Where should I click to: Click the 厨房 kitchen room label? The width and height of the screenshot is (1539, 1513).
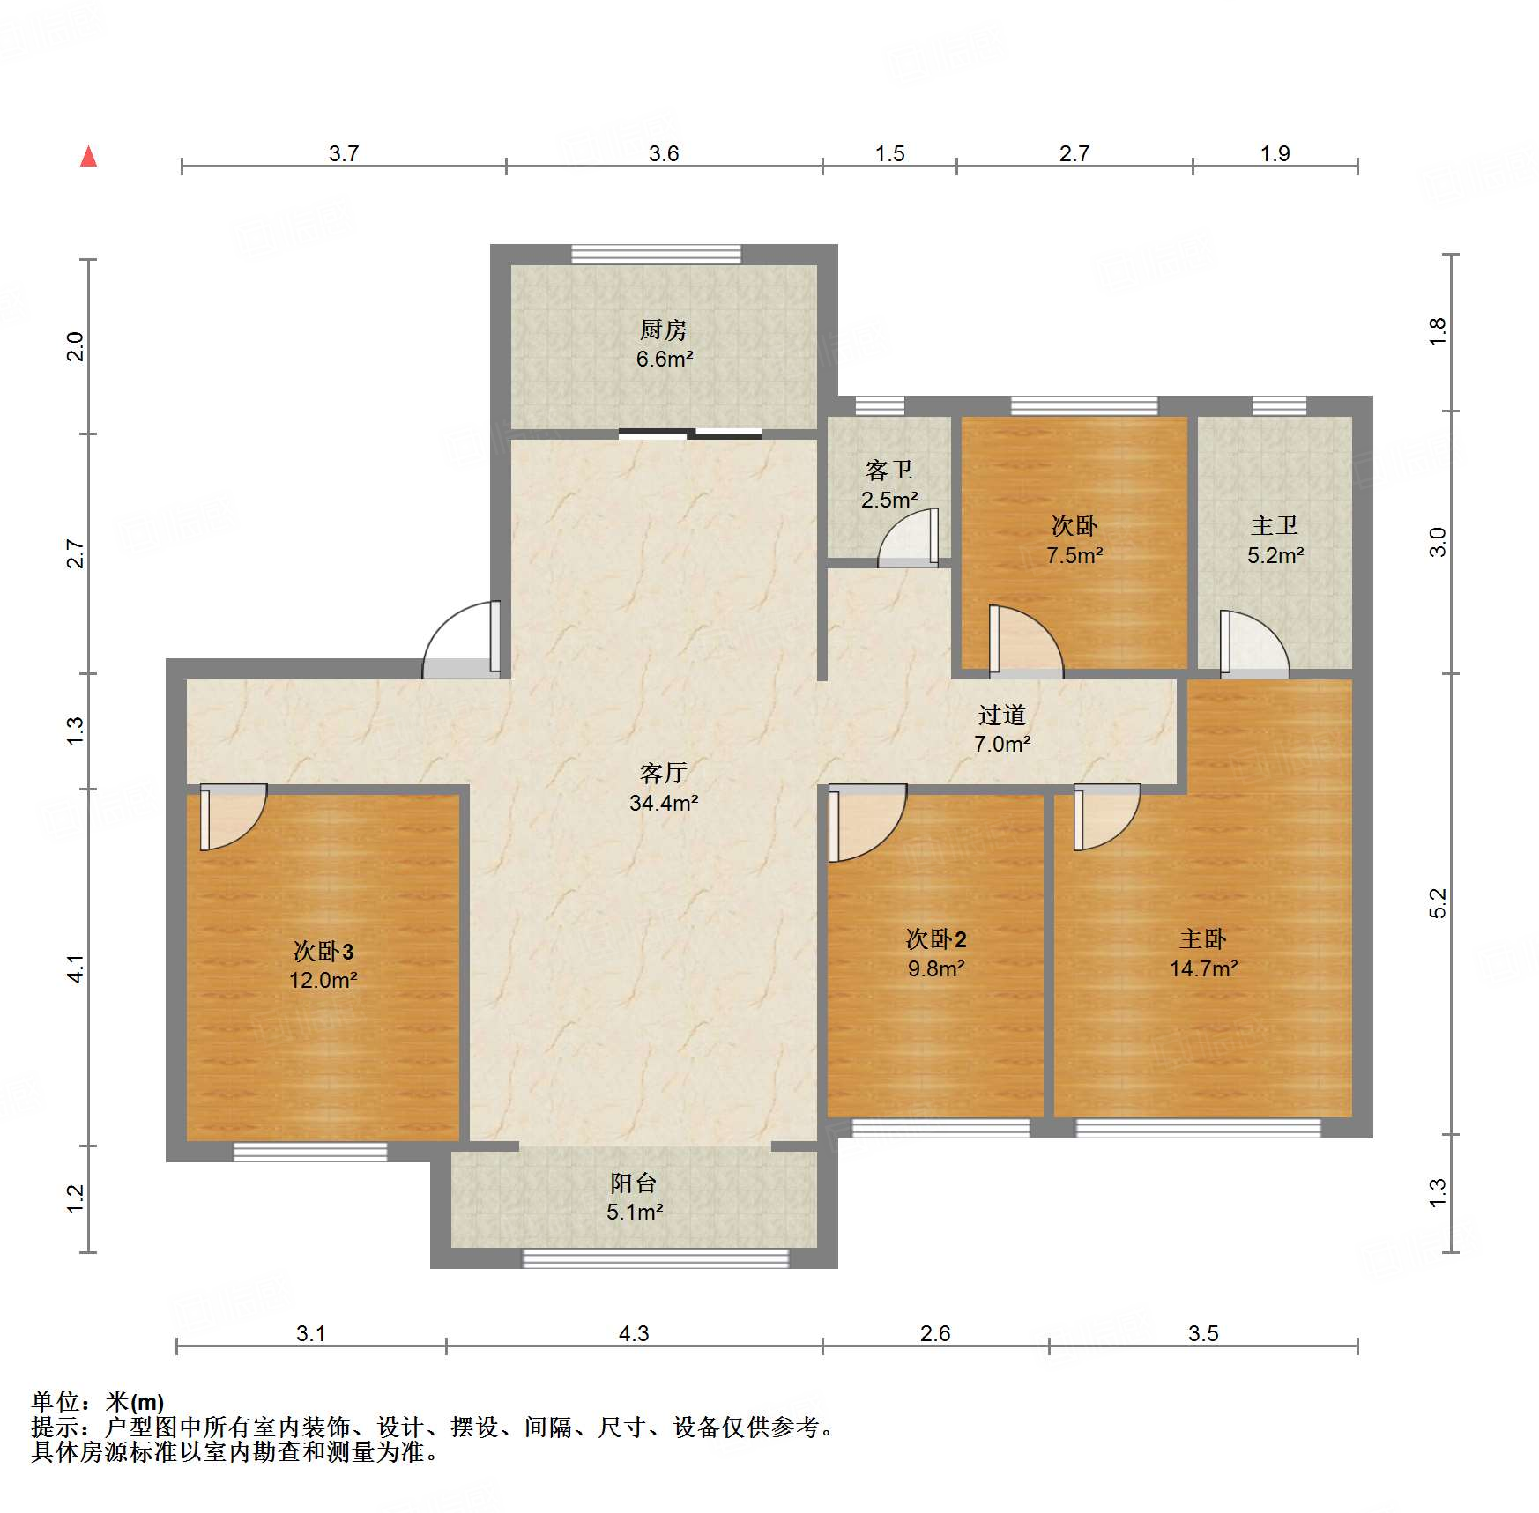663,330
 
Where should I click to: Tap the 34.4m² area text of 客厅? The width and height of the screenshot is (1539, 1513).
664,803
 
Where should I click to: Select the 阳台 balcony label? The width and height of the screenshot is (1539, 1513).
634,1183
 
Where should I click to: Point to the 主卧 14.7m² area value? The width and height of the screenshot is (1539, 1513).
1203,968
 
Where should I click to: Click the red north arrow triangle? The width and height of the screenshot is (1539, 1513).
88,156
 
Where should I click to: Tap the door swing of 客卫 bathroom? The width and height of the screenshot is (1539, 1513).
908,538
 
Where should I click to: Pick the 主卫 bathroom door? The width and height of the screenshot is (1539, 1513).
1254,644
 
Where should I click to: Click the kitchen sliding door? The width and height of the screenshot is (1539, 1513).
690,433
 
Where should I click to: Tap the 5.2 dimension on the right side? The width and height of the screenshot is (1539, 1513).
1438,903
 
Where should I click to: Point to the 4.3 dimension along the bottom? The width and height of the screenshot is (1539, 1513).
634,1333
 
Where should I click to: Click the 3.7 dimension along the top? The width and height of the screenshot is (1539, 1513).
344,153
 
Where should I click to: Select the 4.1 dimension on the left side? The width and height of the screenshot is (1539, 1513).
76,968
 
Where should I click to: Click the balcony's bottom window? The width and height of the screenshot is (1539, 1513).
656,1258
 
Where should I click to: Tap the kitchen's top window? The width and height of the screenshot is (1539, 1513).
656,254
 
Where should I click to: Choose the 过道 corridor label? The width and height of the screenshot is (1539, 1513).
1002,714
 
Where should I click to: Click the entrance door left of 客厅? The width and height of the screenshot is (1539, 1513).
462,640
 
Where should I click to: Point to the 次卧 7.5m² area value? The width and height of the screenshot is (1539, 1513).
1074,555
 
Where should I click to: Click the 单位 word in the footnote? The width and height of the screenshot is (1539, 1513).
56,1401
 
